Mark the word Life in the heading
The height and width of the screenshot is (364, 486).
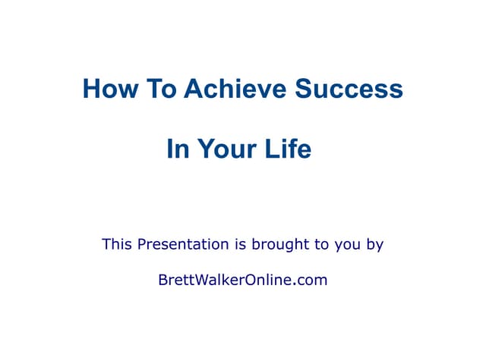pos(288,149)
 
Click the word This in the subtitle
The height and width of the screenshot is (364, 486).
pos(117,244)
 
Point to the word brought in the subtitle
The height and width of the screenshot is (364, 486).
pos(278,244)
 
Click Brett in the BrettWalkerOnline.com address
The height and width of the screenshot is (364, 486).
pos(174,280)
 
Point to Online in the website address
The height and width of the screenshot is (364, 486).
pos(267,280)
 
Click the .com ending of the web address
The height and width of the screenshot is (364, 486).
pos(310,281)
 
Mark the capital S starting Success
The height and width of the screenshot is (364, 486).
pos(304,89)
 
